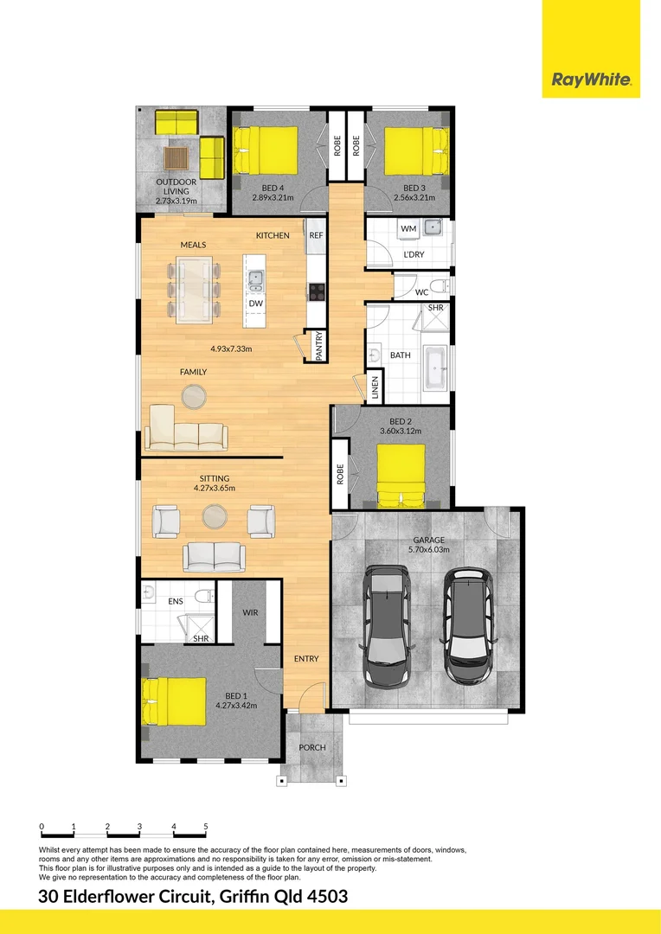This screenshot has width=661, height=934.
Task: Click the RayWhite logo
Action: coord(592,80)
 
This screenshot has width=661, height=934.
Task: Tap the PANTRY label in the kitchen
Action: coord(318,346)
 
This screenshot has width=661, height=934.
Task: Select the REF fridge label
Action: coord(316,235)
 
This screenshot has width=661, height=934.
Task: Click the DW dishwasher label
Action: coord(255,304)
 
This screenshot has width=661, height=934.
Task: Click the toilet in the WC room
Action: coord(439,286)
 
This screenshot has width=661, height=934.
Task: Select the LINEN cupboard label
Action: coord(375,387)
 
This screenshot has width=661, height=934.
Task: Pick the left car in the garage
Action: coord(387,625)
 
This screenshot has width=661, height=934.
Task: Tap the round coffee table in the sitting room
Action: coord(215,516)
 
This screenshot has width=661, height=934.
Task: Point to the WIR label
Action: coord(250,612)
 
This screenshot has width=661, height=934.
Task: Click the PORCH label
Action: coord(311,747)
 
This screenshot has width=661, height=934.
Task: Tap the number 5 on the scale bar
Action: coord(206,827)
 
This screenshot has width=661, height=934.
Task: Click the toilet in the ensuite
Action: coord(204,597)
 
